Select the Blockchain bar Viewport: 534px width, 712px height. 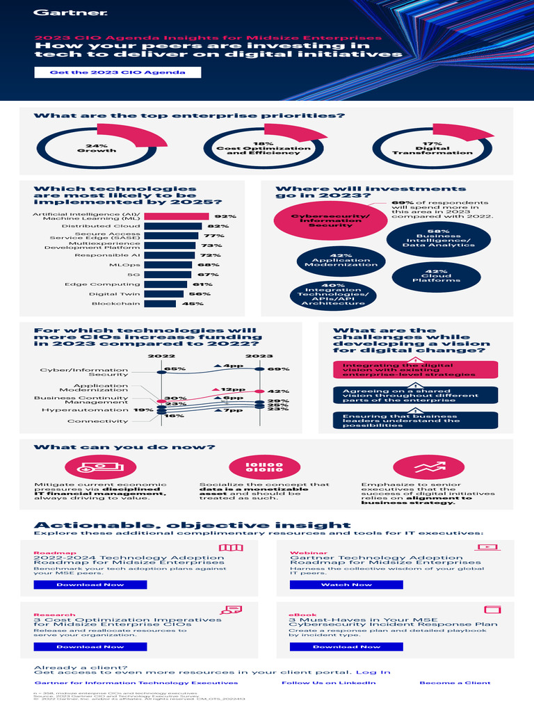click(x=160, y=304)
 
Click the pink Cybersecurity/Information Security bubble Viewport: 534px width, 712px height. click(x=321, y=220)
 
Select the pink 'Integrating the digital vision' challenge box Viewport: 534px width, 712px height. click(x=416, y=370)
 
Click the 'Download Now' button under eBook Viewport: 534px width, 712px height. click(x=346, y=647)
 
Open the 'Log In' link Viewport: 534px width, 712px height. click(x=373, y=672)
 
